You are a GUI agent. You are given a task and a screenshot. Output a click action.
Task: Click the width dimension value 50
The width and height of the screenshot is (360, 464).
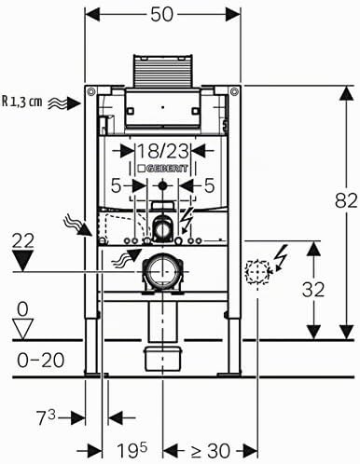click(x=162, y=15)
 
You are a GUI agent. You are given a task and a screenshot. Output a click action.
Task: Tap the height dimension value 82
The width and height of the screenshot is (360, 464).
click(x=346, y=200)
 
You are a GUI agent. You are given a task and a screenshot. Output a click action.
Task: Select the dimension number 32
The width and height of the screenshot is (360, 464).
click(x=313, y=290)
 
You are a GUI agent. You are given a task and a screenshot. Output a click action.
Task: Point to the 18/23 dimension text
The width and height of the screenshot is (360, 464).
click(x=162, y=151)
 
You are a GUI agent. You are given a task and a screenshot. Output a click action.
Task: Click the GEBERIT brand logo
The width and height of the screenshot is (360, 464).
click(x=162, y=169)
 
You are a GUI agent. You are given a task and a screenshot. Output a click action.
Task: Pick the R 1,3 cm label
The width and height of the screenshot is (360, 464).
click(x=21, y=102)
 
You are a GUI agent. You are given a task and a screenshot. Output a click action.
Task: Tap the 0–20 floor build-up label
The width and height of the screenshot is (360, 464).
click(x=41, y=361)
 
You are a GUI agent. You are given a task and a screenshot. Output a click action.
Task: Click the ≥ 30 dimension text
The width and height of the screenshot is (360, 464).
click(x=211, y=451)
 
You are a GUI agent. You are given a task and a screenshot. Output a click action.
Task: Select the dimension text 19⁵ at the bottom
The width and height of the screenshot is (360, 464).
click(x=132, y=451)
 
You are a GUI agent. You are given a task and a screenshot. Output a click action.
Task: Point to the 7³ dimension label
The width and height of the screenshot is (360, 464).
click(x=46, y=417)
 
